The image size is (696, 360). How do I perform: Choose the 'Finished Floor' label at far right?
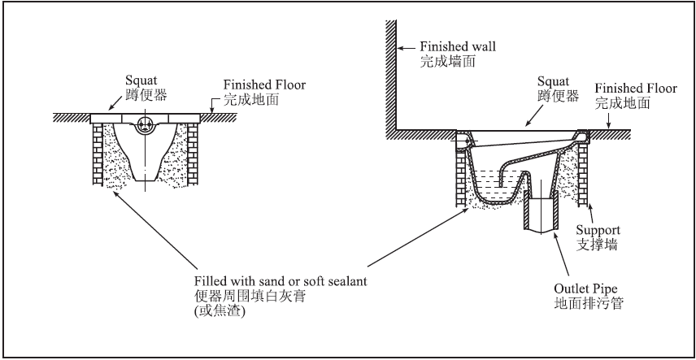click(x=633, y=87)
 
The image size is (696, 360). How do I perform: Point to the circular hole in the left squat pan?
click(x=146, y=124)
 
